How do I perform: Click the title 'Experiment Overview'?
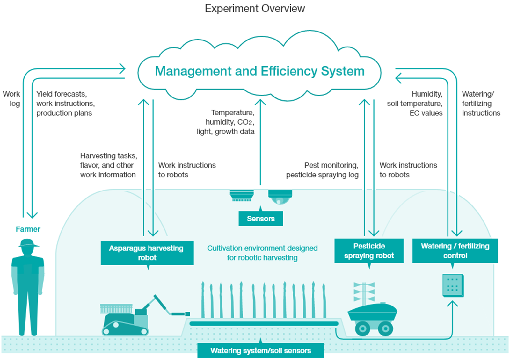[x=255, y=9]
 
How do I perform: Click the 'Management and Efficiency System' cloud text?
[x=259, y=71]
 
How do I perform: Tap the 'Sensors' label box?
[x=261, y=219]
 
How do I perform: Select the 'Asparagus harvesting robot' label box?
[x=147, y=253]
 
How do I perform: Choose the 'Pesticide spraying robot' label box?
[x=369, y=251]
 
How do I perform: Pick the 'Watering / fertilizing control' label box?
[x=455, y=251]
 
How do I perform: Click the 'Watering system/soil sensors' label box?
[x=261, y=350]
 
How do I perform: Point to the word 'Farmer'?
[x=28, y=229]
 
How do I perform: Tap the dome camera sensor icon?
[x=280, y=197]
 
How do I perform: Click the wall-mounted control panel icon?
[x=453, y=285]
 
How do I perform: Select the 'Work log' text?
[x=11, y=99]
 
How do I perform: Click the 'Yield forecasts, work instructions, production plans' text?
[x=66, y=104]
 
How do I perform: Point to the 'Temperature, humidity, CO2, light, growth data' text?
[x=226, y=122]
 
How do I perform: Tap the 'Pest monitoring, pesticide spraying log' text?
[x=322, y=170]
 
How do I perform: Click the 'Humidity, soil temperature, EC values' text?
[x=415, y=104]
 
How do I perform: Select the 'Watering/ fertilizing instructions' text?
[x=481, y=104]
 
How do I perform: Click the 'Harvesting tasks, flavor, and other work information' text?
[x=109, y=165]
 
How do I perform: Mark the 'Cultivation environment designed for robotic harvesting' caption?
[x=262, y=253]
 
